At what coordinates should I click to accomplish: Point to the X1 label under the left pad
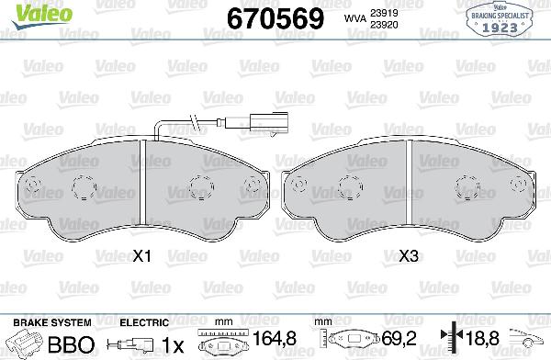click(141, 259)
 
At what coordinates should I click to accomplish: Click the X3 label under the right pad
click(409, 259)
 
